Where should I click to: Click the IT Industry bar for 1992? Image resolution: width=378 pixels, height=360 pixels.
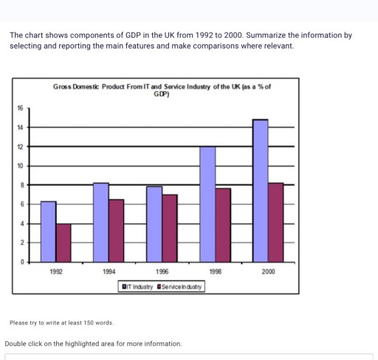pos(48,232)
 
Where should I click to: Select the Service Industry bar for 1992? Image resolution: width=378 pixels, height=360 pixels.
pos(63,243)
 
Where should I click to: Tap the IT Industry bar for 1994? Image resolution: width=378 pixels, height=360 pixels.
pos(101,222)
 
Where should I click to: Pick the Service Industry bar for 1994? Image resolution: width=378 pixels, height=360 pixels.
pos(117,231)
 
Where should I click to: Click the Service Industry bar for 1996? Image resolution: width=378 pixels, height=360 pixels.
pos(170,228)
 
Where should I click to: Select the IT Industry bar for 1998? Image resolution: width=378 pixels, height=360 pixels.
pos(208,204)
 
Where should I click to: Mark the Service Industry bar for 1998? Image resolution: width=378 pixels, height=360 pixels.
pos(224,225)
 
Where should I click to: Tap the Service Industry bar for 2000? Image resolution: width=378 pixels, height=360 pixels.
pos(276,222)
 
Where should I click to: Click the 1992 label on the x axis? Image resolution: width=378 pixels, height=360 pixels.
pos(55,271)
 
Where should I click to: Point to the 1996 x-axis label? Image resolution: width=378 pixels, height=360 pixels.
pos(162,271)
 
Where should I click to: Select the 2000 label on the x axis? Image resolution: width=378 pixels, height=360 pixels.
pos(268,271)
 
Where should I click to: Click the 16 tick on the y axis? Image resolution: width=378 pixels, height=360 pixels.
pos(21,108)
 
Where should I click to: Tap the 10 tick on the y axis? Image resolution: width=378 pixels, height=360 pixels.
pos(21,165)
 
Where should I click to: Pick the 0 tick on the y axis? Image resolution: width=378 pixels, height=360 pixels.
pos(21,262)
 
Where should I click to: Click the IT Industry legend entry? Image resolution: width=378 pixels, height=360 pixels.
pos(137,286)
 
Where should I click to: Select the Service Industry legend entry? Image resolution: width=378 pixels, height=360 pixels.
pos(179,286)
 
